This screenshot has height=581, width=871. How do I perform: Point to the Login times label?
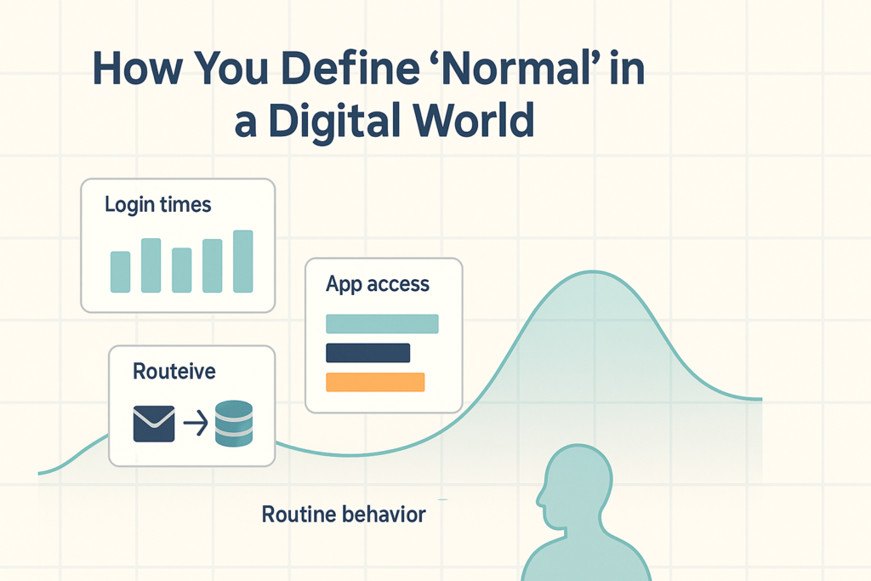[158, 205]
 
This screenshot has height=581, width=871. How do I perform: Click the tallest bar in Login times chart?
[243, 261]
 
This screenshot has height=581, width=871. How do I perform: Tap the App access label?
[378, 284]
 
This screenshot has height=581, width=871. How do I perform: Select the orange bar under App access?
[375, 382]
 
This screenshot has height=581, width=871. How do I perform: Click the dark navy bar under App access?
[367, 352]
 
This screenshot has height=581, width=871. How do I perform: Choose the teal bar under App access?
[382, 323]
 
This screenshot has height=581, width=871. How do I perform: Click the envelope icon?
[154, 423]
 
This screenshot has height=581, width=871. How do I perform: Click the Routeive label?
[174, 372]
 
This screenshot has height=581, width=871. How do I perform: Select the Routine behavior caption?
[344, 515]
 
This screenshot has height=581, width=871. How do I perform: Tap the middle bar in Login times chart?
[182, 270]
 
